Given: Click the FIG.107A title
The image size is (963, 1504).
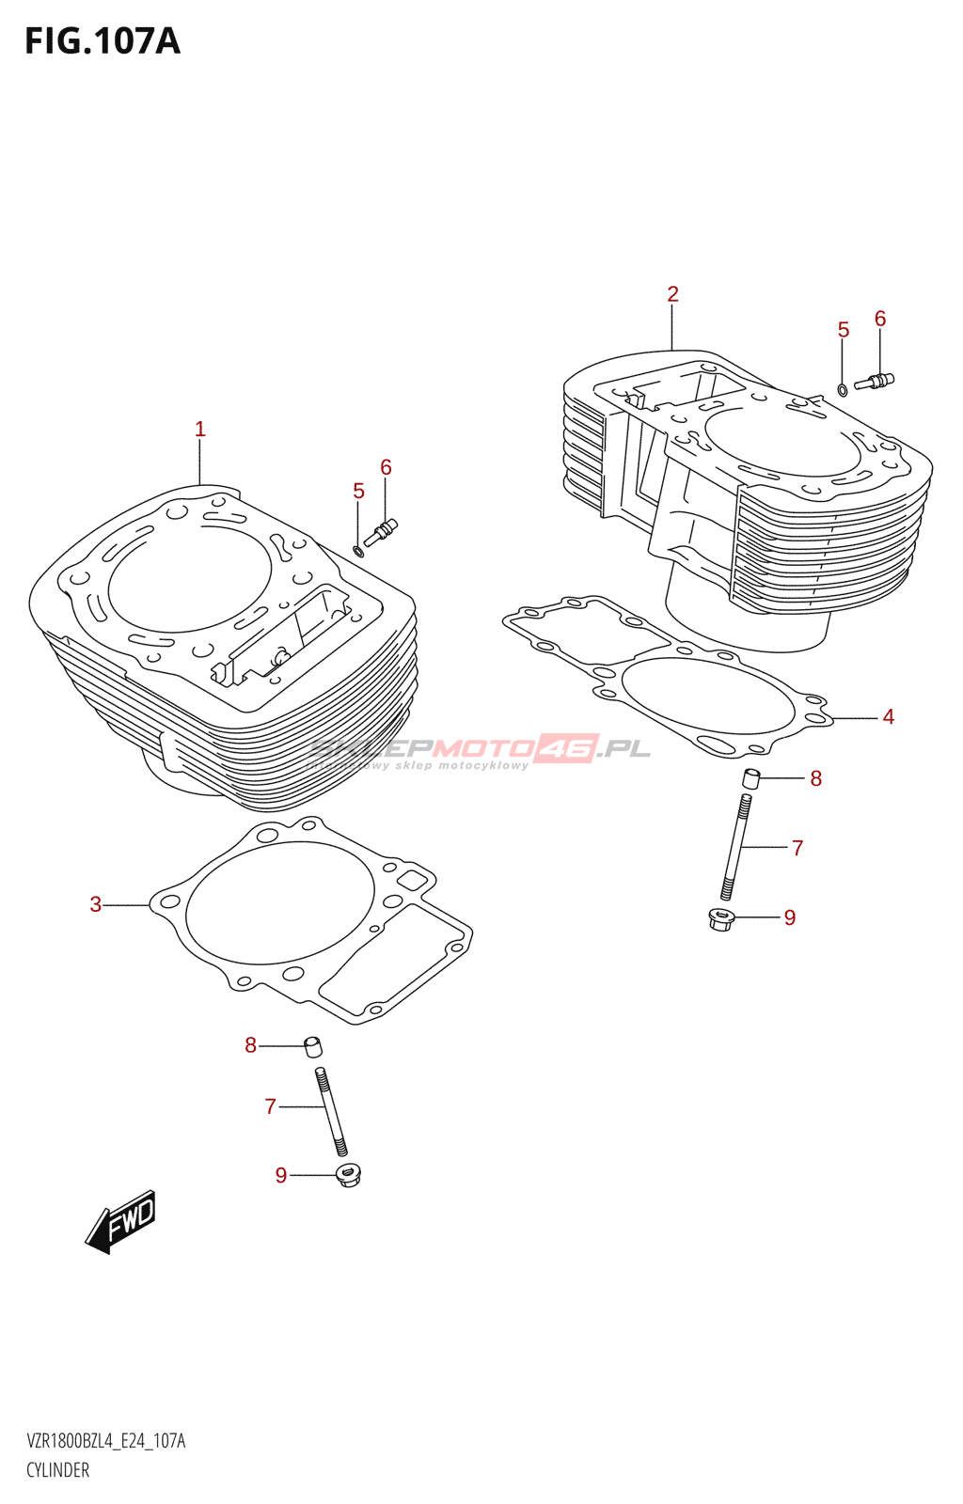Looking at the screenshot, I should (102, 41).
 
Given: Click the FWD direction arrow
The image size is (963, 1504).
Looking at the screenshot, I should (121, 1222).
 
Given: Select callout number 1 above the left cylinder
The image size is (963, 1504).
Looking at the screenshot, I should (199, 430).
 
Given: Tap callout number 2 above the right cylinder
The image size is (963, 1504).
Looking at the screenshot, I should (672, 294).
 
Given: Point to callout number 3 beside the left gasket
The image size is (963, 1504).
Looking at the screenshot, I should (95, 904).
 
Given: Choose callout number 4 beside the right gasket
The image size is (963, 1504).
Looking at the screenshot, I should (888, 717).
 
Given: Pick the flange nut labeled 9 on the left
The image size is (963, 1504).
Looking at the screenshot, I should (349, 1175).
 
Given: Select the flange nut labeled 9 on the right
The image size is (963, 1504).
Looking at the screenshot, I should (720, 918).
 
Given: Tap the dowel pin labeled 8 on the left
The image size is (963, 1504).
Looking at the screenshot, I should (313, 1046).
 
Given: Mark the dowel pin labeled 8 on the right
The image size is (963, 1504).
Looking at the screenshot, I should (750, 778).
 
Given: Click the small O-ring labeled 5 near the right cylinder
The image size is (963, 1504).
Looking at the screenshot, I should (843, 389).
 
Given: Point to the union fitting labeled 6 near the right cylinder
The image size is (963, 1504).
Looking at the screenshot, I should (875, 382).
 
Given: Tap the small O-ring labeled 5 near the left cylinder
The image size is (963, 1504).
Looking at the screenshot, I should (358, 549).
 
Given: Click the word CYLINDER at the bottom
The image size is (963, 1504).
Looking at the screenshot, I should (58, 1470).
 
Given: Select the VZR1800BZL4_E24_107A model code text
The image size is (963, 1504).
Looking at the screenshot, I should (106, 1441).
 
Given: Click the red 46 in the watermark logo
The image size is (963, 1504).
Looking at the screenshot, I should (566, 748).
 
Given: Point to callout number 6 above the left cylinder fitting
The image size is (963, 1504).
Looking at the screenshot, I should (386, 467).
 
